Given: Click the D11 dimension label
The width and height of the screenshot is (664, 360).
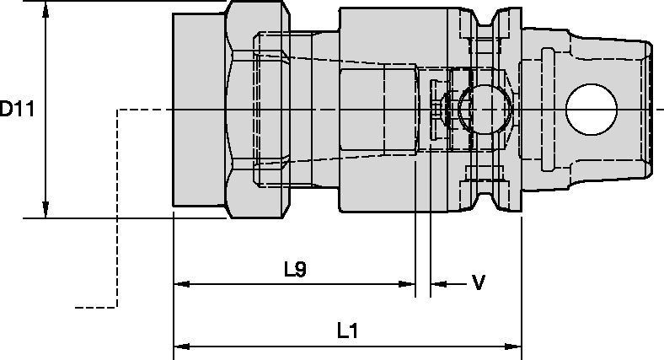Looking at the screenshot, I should point(16,109).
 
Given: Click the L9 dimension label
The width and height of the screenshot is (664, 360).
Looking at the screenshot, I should point(295,270).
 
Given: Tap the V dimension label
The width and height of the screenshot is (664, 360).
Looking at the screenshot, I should point(478,282).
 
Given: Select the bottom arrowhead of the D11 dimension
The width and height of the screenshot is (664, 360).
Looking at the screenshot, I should point(46,210).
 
